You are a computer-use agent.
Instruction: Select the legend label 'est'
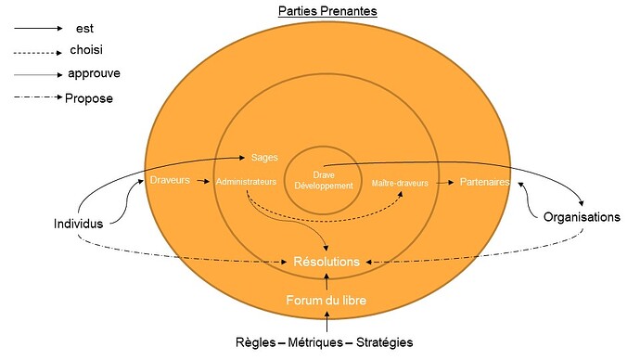tap(83, 29)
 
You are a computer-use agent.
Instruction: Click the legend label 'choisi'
tap(86, 50)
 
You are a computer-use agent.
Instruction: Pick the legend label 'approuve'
tap(93, 73)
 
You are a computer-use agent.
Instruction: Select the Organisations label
tap(581, 216)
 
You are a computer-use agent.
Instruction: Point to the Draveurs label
tap(169, 180)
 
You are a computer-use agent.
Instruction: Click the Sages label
tap(264, 158)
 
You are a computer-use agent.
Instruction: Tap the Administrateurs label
tap(246, 182)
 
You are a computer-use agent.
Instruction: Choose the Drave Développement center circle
tap(324, 179)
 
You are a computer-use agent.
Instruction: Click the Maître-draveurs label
tap(400, 183)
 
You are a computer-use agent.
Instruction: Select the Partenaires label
tap(484, 182)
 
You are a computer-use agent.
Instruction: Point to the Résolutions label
tap(326, 262)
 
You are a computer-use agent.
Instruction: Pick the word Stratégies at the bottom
tap(382, 342)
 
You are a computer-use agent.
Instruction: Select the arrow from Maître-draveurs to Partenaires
tap(442, 183)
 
